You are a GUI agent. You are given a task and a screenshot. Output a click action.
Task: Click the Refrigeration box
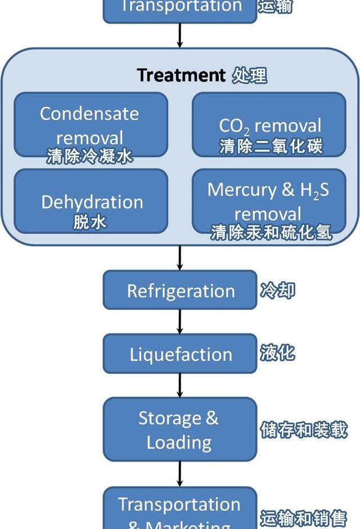180,290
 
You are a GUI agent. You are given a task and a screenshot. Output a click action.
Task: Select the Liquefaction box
180,354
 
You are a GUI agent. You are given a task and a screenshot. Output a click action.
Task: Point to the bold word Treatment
181,75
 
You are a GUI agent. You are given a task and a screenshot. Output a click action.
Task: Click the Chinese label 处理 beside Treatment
249,75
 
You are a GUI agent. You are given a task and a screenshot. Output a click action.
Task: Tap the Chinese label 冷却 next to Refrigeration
277,291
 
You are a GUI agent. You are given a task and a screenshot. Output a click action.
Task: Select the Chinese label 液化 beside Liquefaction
277,353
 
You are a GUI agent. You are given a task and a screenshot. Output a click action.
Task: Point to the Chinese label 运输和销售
303,518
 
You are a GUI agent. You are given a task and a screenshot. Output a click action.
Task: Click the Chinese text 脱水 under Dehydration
90,222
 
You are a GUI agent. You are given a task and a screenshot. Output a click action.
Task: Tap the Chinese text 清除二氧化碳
271,147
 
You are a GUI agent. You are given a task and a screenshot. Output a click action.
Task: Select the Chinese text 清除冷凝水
90,156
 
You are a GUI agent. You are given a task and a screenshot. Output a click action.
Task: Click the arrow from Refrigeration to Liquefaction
180,322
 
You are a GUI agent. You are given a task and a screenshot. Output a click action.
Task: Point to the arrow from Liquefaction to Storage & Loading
180,386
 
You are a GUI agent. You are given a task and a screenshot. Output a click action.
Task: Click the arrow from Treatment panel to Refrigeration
180,258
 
